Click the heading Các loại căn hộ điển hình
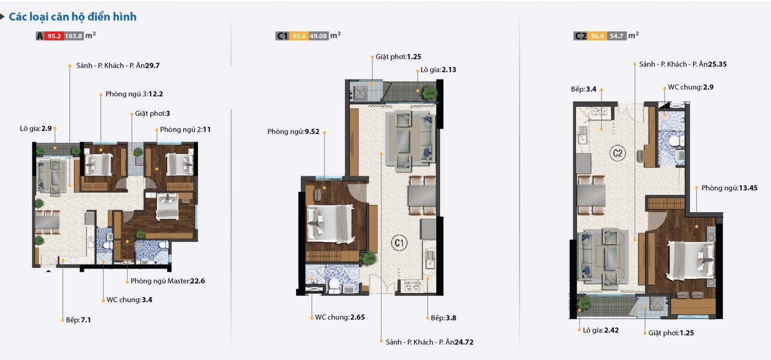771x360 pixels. (73, 17)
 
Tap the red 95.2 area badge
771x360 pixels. (54, 36)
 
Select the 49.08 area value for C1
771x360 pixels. (318, 36)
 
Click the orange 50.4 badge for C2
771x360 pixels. (597, 36)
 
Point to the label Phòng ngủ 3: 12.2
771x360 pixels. (134, 94)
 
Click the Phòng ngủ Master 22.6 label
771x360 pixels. (168, 281)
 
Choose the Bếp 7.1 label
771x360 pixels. (79, 320)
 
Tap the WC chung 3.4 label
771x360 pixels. (130, 300)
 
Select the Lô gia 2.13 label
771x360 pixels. (438, 70)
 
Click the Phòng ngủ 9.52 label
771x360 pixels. (293, 132)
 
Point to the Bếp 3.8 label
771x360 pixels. (443, 318)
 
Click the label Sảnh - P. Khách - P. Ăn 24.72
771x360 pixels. (429, 342)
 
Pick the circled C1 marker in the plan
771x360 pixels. (399, 242)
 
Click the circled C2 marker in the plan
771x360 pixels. (617, 153)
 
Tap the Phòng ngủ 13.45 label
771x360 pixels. (730, 188)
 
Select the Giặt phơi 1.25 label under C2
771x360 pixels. (671, 333)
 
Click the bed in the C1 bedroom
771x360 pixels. (331, 223)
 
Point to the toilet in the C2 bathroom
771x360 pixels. (677, 141)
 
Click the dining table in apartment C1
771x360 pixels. (422, 196)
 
